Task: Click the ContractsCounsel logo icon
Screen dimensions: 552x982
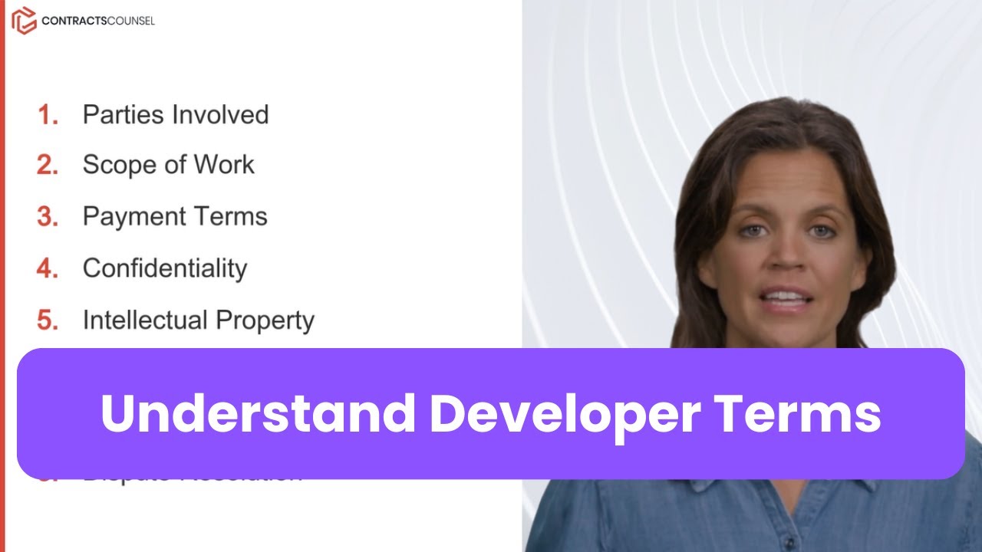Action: [x=24, y=21]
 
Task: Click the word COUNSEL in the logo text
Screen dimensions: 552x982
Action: [x=127, y=21]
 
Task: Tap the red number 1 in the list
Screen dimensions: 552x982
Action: [x=48, y=115]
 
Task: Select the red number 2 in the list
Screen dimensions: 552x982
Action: [x=48, y=165]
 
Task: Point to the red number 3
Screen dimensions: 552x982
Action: [x=48, y=217]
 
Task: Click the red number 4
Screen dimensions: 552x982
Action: [x=48, y=268]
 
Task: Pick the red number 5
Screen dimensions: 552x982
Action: [x=48, y=320]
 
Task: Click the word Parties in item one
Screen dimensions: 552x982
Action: [x=124, y=115]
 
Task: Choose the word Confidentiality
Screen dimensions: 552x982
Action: [x=165, y=268]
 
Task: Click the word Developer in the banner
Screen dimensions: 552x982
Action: [x=564, y=414]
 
